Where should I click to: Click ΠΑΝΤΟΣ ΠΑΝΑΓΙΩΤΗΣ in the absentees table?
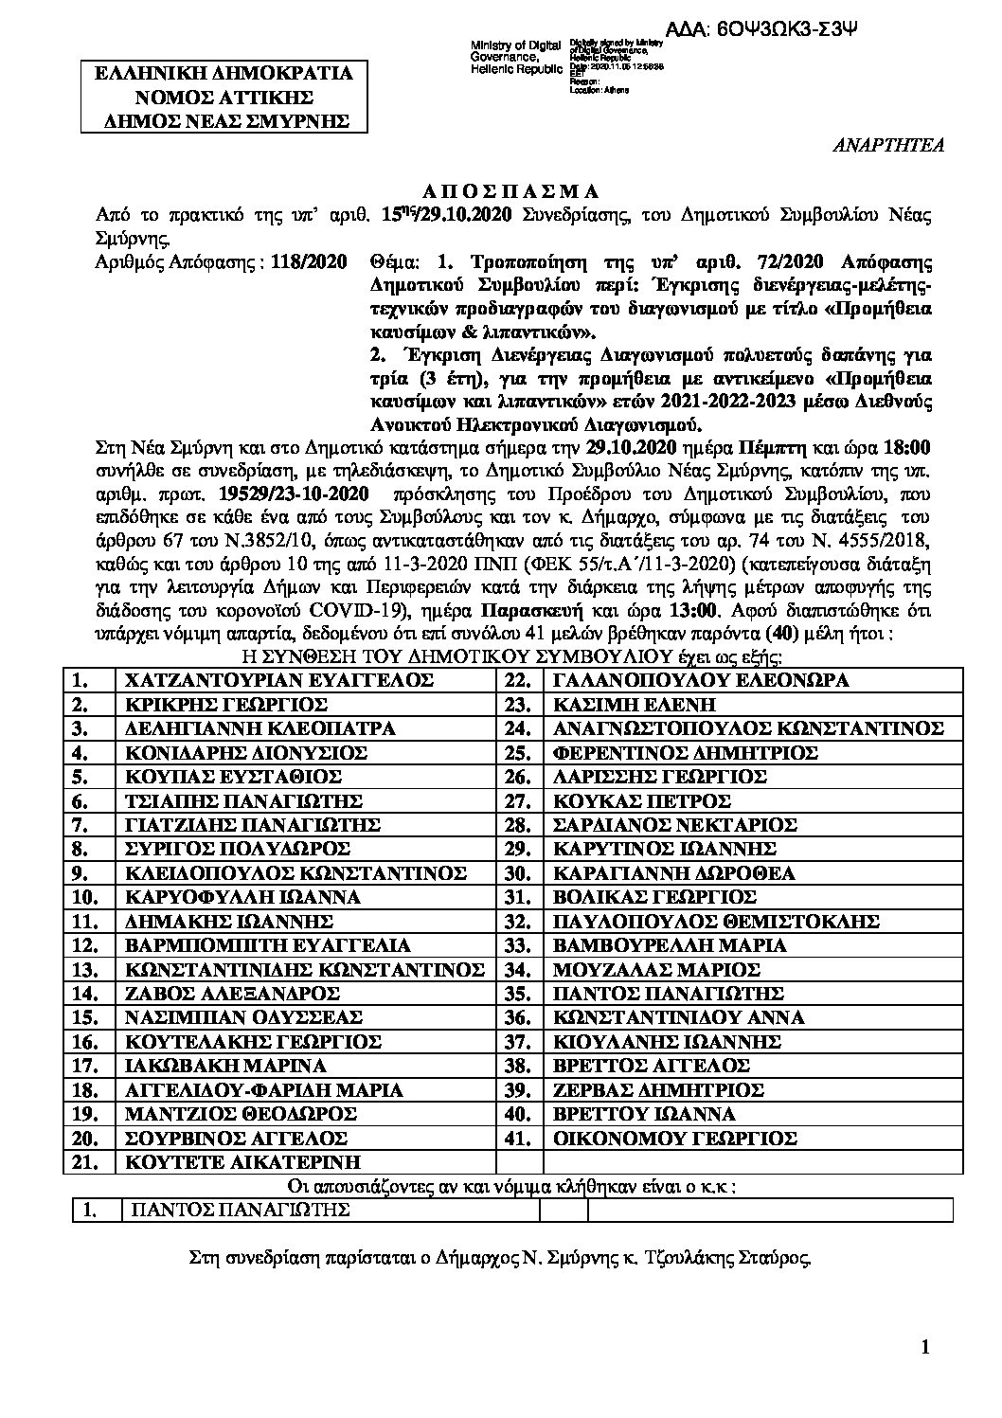(x=240, y=1210)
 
